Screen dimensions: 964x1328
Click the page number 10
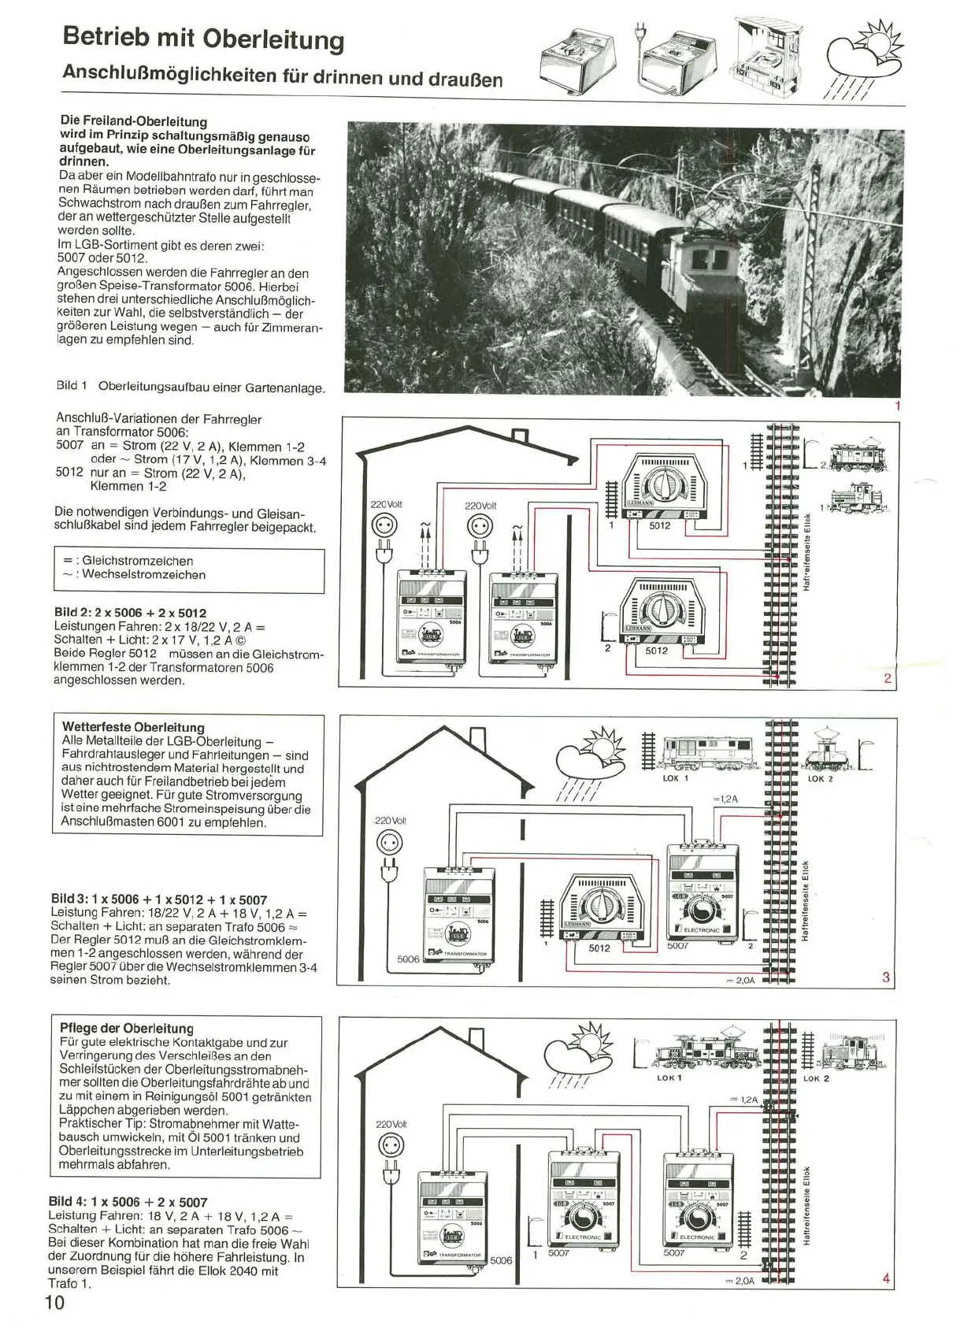[x=55, y=1302]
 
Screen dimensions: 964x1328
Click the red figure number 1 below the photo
[x=896, y=406]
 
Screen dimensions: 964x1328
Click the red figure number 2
[x=888, y=678]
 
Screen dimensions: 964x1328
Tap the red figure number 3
[x=886, y=977]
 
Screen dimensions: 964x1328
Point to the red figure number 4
[x=886, y=1278]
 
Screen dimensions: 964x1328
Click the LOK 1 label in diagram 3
[x=675, y=778]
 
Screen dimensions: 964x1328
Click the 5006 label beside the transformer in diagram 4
[x=501, y=1260]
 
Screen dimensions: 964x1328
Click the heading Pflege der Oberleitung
[x=126, y=1028]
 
